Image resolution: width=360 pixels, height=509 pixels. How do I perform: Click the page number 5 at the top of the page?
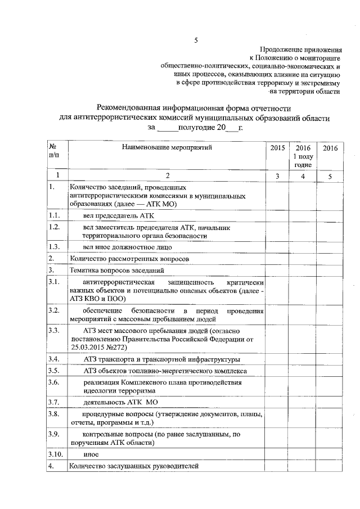point(196,40)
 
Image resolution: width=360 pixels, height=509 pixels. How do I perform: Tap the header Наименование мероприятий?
point(167,147)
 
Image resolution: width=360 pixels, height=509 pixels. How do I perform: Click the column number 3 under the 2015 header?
point(277,177)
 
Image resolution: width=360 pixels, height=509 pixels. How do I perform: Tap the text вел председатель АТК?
point(118,215)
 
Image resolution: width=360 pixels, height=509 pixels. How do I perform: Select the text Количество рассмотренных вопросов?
point(128,258)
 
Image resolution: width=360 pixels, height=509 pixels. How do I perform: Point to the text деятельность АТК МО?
point(120,402)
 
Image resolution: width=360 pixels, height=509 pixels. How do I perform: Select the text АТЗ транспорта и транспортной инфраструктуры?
point(154,358)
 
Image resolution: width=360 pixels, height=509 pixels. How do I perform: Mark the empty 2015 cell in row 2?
point(277,258)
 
